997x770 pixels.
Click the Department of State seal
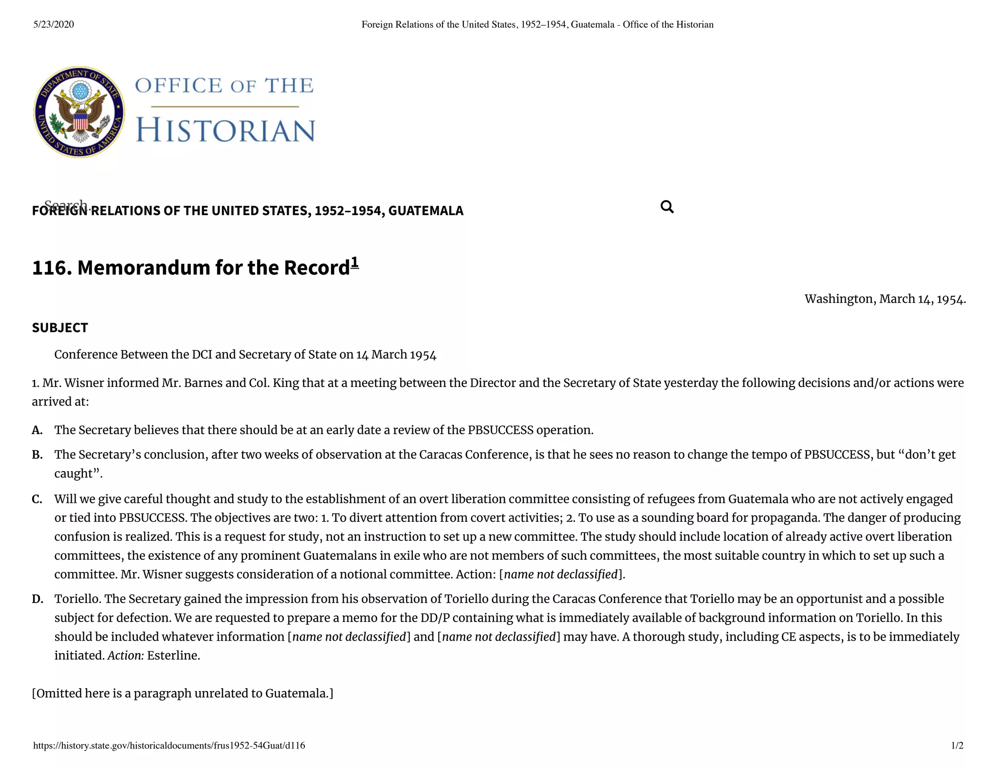tap(79, 112)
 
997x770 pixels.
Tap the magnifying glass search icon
tap(667, 207)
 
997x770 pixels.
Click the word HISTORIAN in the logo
tap(225, 130)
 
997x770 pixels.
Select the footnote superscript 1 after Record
tap(354, 262)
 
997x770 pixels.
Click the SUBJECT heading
tap(60, 328)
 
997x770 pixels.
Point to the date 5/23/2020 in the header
tap(54, 24)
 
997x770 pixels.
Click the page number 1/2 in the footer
tap(957, 745)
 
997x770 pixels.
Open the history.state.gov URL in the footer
tap(169, 745)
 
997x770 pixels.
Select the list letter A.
tap(37, 430)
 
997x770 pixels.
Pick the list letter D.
tap(37, 599)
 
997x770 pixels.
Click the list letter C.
tap(37, 499)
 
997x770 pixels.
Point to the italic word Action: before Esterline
tap(126, 656)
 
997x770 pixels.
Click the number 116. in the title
tap(52, 268)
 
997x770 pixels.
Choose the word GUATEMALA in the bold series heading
tap(425, 211)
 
